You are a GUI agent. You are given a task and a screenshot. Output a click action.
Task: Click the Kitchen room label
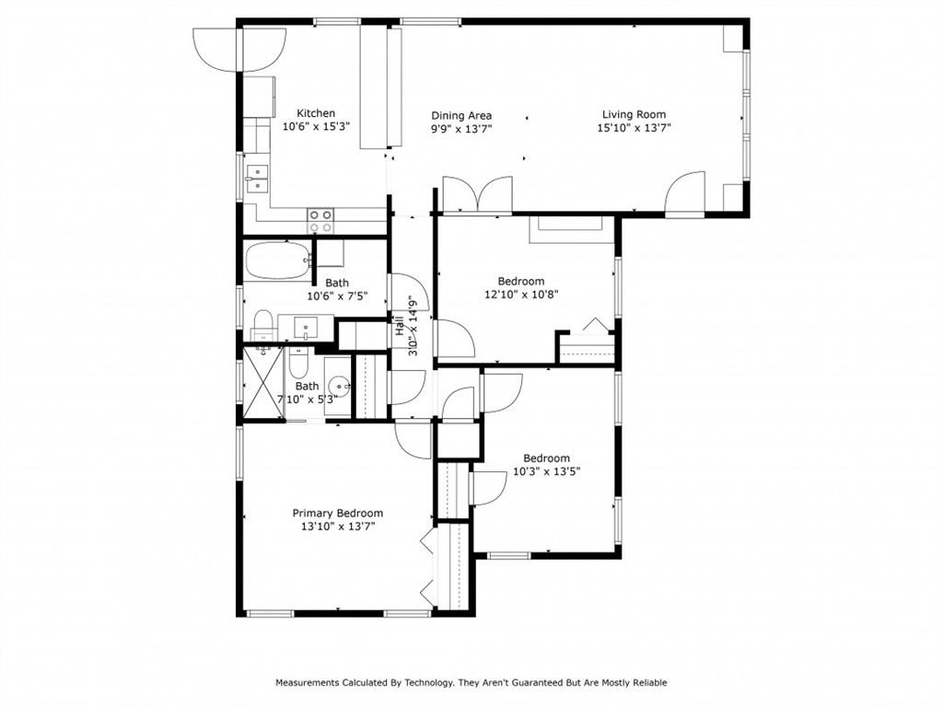pos(315,113)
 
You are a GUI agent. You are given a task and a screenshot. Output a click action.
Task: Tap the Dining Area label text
pos(461,115)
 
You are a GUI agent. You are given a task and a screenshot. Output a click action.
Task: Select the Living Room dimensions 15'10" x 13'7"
pos(634,129)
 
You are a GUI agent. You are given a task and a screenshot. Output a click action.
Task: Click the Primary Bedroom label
pos(337,513)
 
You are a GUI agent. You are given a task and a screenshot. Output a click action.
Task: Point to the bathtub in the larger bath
pos(277,261)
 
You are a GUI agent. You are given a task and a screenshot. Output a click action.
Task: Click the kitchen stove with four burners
pos(320,220)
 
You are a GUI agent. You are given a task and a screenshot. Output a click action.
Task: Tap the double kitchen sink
pos(257,178)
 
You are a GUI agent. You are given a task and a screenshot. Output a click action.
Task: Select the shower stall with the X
pos(262,381)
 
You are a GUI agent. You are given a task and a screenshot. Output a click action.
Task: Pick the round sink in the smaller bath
pos(339,387)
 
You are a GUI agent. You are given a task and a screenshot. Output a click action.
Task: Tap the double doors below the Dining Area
pos(477,194)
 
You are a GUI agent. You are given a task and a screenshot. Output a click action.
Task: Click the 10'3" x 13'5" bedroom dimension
pos(546,471)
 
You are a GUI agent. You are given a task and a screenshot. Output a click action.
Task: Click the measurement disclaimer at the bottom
pos(471,682)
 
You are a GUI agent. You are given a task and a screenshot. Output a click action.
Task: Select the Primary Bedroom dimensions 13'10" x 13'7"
pos(337,527)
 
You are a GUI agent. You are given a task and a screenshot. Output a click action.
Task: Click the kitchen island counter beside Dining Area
pos(376,87)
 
